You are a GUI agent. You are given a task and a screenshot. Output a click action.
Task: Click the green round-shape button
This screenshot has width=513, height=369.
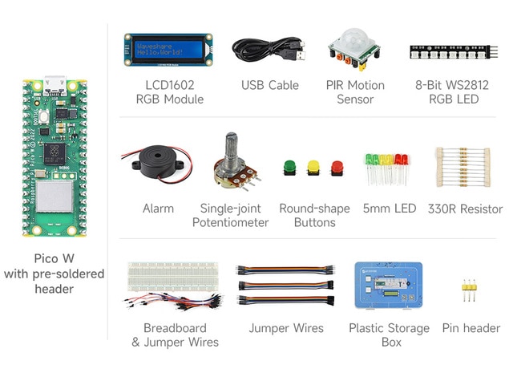289,168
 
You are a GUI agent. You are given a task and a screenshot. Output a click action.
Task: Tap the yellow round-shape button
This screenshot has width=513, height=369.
313,168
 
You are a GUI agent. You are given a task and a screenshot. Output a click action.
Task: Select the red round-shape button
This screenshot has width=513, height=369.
337,168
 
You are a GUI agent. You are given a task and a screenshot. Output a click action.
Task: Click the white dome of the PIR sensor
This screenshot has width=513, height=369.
354,38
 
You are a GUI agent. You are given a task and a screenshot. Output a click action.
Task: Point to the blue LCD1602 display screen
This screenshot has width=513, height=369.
168,50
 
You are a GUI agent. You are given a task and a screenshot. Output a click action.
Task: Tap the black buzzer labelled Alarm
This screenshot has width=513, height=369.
158,161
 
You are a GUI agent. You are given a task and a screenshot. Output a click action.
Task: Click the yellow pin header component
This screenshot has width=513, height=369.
469,290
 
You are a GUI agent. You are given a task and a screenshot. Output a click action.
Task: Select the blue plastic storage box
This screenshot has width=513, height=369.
388,285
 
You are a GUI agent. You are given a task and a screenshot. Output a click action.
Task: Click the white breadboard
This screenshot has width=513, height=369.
173,277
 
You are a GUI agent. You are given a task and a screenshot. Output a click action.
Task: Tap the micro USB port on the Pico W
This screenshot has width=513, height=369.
55,85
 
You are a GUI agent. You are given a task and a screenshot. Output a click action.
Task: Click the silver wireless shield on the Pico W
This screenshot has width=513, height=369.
54,197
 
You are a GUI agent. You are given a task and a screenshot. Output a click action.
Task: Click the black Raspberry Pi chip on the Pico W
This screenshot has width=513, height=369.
55,154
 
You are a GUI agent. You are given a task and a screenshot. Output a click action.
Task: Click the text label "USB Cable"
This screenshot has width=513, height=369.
270,86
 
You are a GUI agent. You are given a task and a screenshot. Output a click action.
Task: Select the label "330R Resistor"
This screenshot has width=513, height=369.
465,209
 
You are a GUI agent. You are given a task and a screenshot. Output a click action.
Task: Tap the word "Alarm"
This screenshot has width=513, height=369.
158,209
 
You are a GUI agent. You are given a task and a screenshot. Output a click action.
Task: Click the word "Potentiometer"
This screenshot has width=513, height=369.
230,223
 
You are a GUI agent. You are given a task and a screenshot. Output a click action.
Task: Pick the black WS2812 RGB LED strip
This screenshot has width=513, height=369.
454,52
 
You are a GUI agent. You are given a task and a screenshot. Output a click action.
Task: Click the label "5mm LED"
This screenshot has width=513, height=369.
390,209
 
